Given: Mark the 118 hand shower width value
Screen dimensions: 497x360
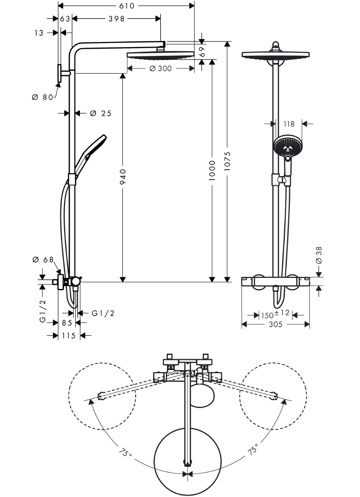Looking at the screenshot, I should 289,123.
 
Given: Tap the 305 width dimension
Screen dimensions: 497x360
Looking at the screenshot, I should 276,324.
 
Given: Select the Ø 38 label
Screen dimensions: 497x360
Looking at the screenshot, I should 319,255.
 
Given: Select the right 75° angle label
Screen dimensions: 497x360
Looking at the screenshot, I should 253,450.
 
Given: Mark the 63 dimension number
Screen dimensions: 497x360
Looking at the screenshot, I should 65,19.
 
